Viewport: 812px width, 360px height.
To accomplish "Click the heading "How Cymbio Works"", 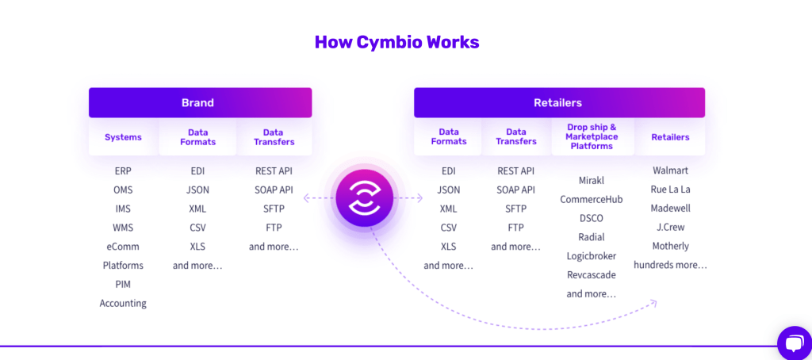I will point(396,42).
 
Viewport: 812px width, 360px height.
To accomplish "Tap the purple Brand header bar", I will point(200,102).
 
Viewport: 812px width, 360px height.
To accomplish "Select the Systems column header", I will point(123,137).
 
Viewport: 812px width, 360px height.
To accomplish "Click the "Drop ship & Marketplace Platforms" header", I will point(592,136).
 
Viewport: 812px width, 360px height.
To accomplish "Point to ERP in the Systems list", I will point(123,170).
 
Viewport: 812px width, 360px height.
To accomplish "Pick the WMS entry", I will point(123,228).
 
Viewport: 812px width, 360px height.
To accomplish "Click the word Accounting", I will point(123,303).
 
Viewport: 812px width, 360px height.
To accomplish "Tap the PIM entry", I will point(123,284).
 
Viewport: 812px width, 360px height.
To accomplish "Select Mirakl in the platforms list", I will point(592,180).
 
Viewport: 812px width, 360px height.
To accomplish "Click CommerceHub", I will point(592,199).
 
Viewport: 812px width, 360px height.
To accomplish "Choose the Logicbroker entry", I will point(592,256).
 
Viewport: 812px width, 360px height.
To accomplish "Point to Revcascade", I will point(592,275).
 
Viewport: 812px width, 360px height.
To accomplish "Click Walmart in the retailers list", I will point(670,170).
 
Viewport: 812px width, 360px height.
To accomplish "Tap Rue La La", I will point(670,190).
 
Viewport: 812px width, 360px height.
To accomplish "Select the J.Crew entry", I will point(670,228).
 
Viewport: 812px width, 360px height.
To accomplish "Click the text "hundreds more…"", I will point(670,265).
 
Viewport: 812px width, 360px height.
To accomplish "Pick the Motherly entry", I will point(670,246).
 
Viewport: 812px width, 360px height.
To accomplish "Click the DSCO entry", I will point(592,218).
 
